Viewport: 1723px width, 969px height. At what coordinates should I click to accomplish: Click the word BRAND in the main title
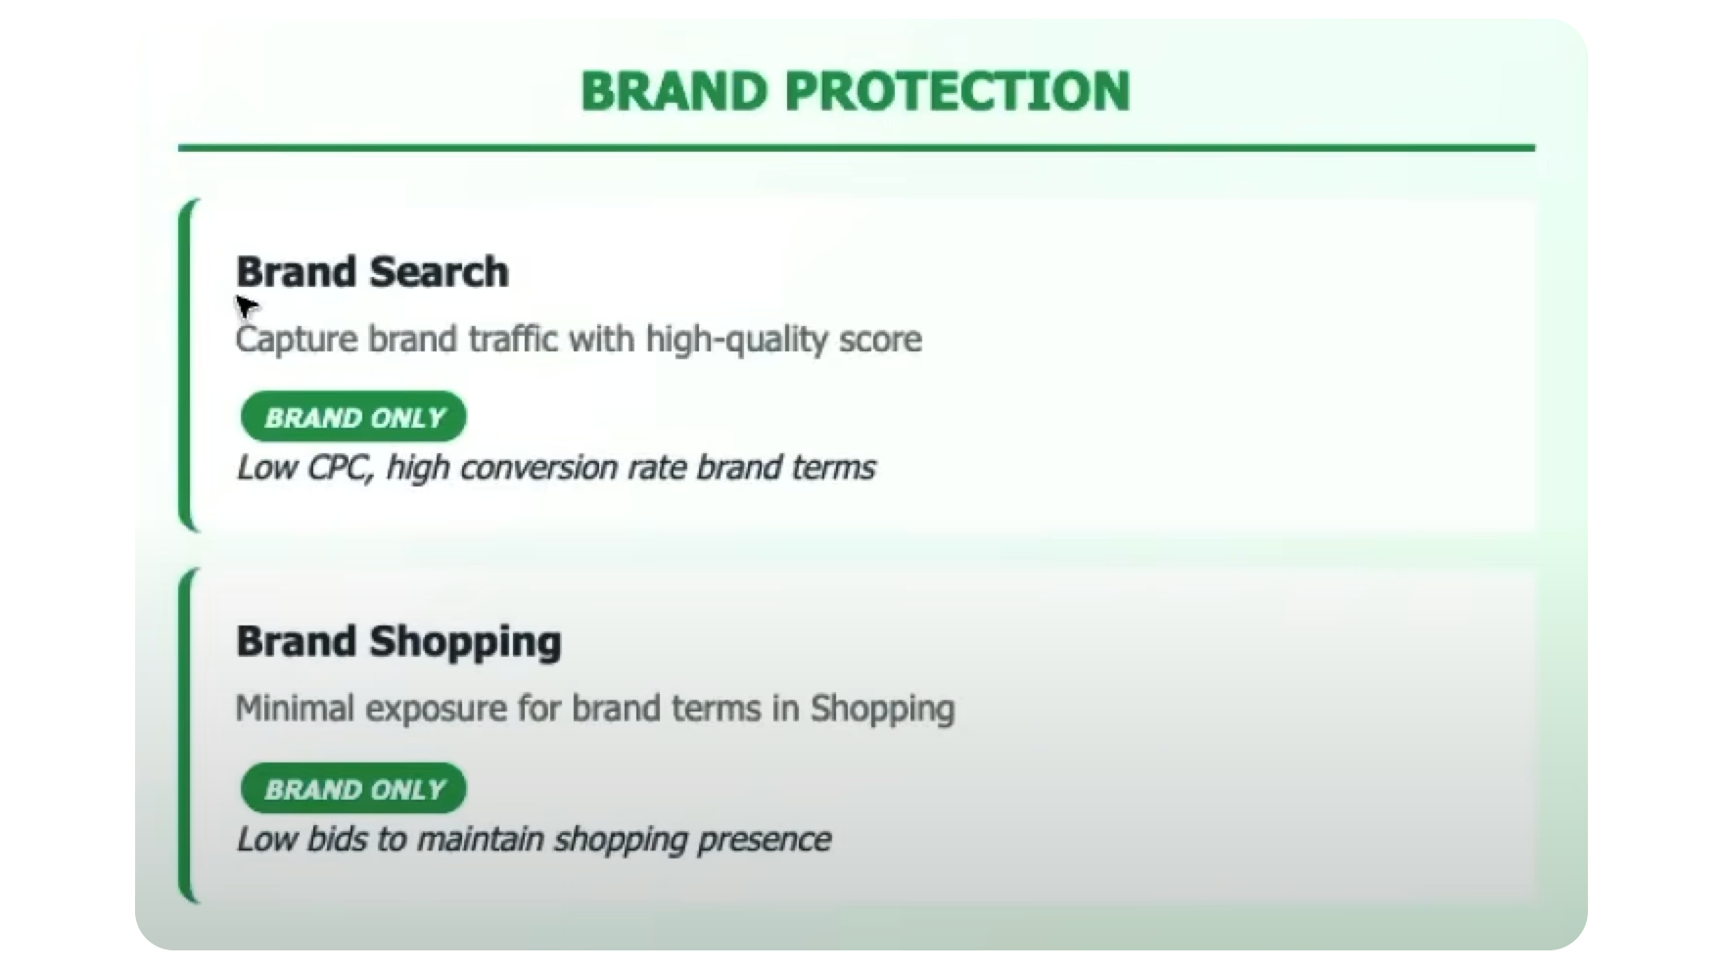674,91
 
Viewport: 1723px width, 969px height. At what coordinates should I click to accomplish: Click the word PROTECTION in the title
957,91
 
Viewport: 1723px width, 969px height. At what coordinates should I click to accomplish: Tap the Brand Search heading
372,272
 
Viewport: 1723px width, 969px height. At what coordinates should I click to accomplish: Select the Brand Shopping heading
398,642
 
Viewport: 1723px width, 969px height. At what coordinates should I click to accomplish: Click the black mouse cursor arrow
246,306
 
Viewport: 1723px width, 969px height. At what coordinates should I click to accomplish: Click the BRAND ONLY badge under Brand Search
353,417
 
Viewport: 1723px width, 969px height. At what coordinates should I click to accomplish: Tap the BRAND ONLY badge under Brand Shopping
353,789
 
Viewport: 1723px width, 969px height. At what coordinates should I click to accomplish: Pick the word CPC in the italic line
340,468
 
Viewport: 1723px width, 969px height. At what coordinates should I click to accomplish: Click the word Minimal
295,708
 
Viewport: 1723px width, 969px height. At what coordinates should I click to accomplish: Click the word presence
764,840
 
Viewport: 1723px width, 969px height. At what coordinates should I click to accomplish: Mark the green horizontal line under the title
857,148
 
